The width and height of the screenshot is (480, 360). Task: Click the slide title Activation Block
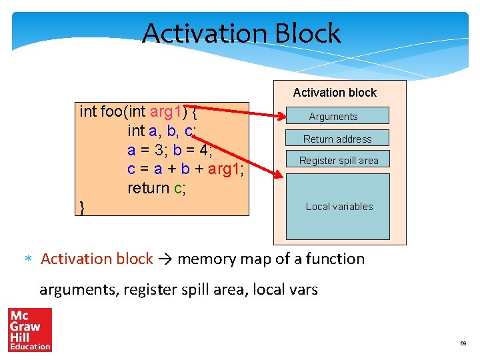241,33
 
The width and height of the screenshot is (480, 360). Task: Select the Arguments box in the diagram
337,116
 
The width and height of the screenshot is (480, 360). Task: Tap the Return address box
337,139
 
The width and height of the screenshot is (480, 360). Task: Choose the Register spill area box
338,160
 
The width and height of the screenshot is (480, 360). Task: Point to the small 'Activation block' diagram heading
335,93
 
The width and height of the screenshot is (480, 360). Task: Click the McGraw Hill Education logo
29,329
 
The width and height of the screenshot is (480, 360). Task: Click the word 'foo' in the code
112,111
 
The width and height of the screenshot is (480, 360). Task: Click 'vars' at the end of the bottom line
302,289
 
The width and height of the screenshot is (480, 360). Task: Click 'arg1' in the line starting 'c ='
225,169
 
